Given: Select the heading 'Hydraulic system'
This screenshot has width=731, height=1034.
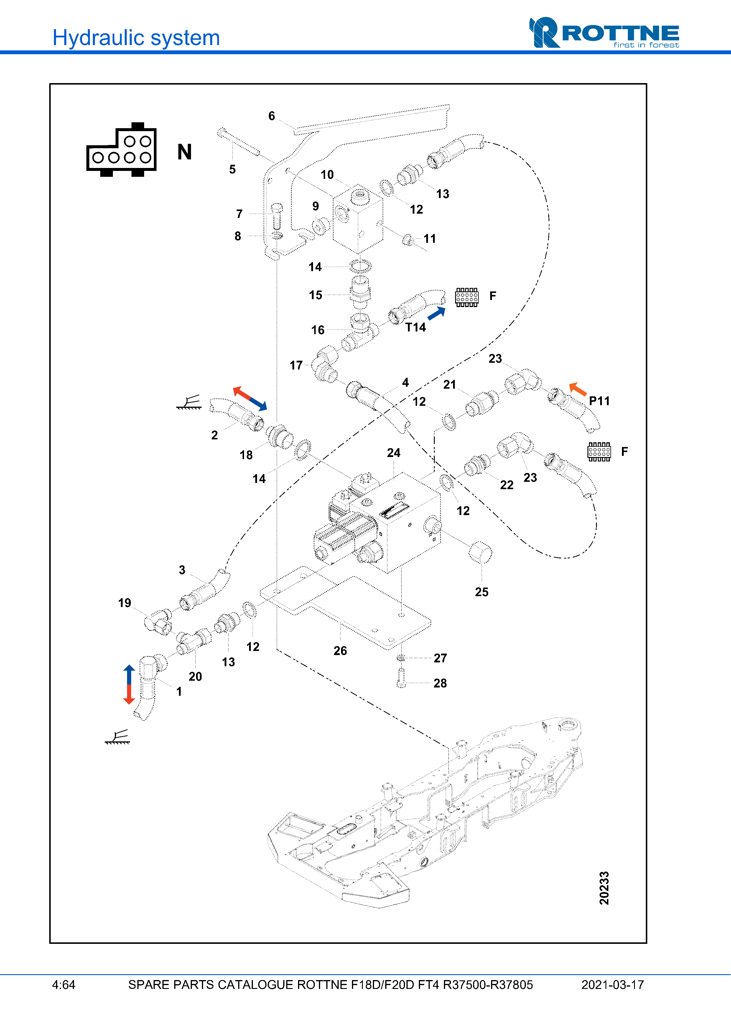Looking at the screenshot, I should pos(136,38).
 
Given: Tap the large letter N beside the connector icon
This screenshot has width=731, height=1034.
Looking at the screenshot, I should pos(185,152).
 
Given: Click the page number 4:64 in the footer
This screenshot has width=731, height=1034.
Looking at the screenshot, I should pos(63,985).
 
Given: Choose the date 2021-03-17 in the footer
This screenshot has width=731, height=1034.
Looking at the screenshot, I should pos(612,985).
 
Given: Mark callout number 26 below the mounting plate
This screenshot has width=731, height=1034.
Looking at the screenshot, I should pos(340,651).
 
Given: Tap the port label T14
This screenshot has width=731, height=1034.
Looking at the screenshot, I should pos(415,327).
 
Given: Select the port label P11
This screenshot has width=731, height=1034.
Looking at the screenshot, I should pos(599,401).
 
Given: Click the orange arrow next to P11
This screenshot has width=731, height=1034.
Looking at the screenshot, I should pos(578,389).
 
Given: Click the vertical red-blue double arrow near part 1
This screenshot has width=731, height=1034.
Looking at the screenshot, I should pos(129,684).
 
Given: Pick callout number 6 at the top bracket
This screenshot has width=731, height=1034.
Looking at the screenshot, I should pos(271,116).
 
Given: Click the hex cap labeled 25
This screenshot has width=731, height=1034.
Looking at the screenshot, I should pos(480,553).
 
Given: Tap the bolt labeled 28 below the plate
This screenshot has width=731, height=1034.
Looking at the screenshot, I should pos(401,678).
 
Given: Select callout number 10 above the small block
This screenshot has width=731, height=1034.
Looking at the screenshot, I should pos(327,175).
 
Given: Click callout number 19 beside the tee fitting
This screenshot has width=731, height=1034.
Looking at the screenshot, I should pos(125,603).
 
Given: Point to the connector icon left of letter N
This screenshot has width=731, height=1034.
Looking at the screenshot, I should pos(122,150).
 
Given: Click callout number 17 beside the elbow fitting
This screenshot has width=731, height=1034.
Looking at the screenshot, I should pos(296,365).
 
